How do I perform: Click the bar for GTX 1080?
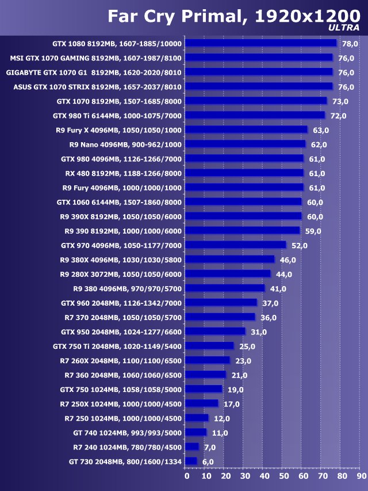(x=262, y=43)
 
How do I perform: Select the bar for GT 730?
(x=192, y=461)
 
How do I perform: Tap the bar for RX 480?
(x=245, y=173)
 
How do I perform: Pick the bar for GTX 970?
(x=236, y=245)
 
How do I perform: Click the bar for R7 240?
(x=193, y=447)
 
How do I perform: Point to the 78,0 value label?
(x=350, y=44)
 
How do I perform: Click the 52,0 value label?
(x=300, y=246)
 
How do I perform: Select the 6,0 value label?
(x=208, y=462)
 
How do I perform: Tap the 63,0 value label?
(x=321, y=130)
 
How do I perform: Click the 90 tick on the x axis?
(x=361, y=476)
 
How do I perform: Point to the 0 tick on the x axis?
(x=187, y=476)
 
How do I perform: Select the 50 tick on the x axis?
(x=283, y=476)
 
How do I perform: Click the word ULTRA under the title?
(x=344, y=27)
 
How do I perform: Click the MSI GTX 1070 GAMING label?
(x=96, y=58)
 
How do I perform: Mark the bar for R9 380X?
(x=231, y=260)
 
